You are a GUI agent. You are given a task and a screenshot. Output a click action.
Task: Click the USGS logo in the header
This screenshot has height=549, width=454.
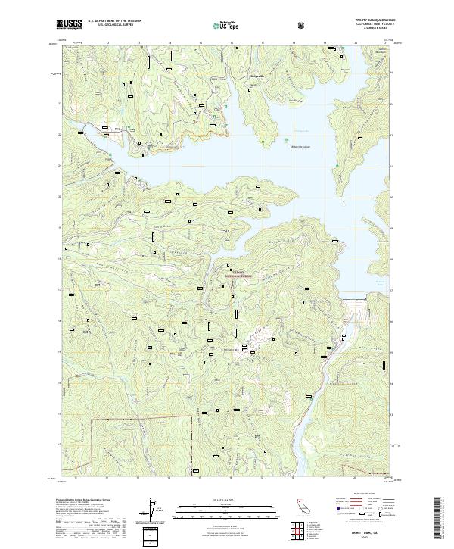point(70,24)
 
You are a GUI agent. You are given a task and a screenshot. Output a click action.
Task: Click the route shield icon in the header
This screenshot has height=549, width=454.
point(303,25)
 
